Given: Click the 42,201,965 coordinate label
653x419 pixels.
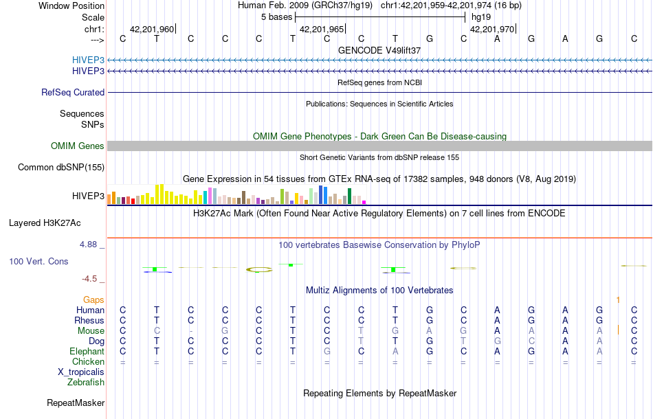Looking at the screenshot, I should (x=322, y=30).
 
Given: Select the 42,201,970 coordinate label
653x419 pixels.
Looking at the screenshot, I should (x=491, y=30).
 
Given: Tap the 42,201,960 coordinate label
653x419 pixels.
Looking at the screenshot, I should (x=151, y=30).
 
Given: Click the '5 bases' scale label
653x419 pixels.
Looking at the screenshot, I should (x=276, y=16).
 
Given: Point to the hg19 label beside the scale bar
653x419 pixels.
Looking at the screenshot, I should (x=480, y=16).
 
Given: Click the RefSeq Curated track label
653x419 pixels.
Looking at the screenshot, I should (x=73, y=92).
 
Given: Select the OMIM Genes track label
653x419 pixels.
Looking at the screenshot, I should (x=78, y=146).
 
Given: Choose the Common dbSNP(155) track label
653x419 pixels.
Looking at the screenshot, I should (x=61, y=167).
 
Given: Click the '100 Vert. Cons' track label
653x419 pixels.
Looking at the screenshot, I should (x=38, y=262).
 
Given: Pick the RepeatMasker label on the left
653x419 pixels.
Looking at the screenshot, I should (x=76, y=403).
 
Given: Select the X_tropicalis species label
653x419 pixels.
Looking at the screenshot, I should (x=81, y=372).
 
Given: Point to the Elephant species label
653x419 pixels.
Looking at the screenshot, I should (x=86, y=351).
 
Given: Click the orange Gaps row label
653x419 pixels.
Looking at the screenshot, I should (x=93, y=299).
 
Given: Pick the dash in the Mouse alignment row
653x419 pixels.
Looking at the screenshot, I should (x=190, y=331).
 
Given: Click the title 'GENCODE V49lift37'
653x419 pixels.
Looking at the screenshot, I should (x=379, y=50).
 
